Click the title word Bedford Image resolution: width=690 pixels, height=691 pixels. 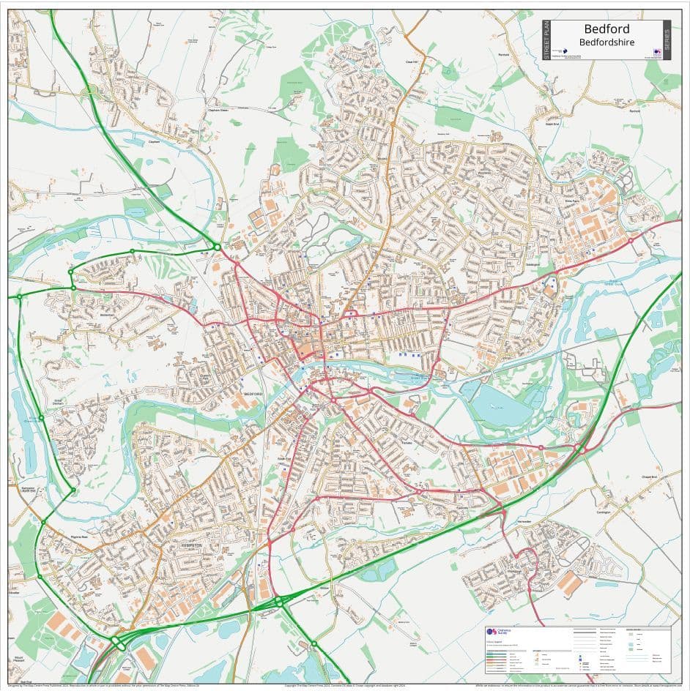point(606,30)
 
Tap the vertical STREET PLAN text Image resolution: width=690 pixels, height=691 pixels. point(546,40)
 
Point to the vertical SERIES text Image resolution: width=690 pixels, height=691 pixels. point(666,40)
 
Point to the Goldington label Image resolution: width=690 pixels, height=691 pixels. point(533,264)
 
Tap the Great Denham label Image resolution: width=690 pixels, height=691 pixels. point(58,401)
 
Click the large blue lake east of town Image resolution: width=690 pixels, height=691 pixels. point(500,403)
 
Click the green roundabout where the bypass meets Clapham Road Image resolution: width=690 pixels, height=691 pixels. point(217,247)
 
